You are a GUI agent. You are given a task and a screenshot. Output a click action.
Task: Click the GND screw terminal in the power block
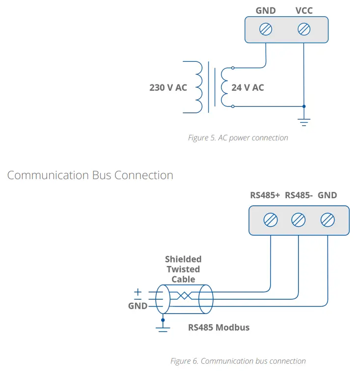(x=266, y=29)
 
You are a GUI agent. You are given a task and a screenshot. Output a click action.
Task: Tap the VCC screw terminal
(x=304, y=29)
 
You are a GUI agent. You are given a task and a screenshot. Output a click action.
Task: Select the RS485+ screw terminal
(x=271, y=220)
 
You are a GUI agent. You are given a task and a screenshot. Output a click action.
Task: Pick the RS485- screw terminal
(x=299, y=220)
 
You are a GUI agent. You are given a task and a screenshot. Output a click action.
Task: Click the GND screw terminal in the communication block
(x=328, y=220)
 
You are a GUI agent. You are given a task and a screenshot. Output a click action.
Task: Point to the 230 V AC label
(x=168, y=87)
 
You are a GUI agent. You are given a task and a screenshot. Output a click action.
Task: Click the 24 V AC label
(x=248, y=87)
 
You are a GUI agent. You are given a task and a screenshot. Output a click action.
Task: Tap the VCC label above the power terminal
(x=304, y=11)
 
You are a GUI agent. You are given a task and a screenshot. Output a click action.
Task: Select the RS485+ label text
(x=265, y=195)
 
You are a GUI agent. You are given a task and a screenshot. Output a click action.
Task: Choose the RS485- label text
(x=299, y=195)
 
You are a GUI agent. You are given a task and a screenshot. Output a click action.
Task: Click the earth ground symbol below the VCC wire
(x=304, y=122)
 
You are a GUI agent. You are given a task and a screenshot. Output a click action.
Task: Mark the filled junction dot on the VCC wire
(x=304, y=106)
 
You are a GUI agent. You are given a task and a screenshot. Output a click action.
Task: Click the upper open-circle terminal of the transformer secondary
(x=233, y=68)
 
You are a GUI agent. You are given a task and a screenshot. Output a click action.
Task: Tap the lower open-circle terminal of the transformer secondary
(x=233, y=106)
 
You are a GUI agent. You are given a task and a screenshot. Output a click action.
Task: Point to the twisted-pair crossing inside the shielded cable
(x=185, y=295)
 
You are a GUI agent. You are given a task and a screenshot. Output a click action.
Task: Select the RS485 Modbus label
(x=219, y=327)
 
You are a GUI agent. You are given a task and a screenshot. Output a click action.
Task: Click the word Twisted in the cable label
(x=183, y=269)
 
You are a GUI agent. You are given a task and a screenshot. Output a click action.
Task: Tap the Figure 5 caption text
(x=238, y=138)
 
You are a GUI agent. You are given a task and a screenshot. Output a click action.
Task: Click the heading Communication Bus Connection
(x=90, y=175)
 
